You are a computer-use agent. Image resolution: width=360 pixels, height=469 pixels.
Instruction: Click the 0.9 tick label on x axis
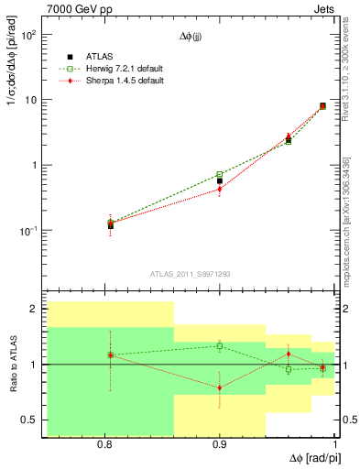coord(219,445)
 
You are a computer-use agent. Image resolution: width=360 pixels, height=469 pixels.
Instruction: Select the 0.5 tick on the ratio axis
coord(27,420)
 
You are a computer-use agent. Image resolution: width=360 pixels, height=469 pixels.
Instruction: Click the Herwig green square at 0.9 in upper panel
coord(219,174)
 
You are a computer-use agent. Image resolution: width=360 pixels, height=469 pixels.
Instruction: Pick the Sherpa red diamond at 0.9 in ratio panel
coord(219,387)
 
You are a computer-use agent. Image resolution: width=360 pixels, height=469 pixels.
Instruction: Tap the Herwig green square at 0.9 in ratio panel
coord(219,345)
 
